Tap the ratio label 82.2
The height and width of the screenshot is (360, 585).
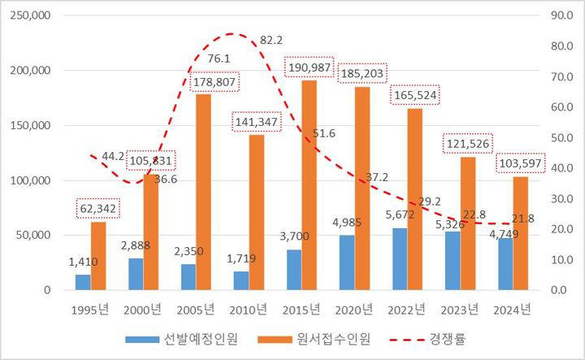click(x=271, y=40)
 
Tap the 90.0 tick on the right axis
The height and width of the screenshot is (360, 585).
click(x=557, y=15)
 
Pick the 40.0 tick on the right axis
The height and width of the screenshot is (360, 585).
click(x=557, y=168)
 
